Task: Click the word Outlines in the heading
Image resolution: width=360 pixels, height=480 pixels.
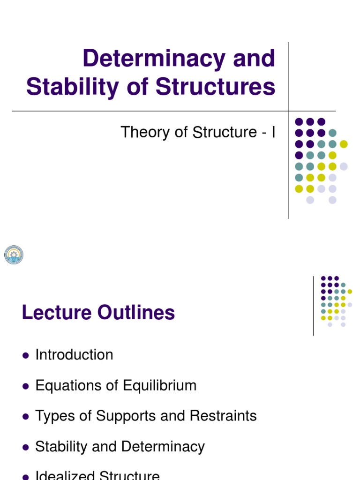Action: (x=136, y=313)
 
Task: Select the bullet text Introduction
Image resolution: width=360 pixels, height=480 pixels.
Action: (x=74, y=355)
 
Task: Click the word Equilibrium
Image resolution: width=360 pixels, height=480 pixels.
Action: (x=160, y=386)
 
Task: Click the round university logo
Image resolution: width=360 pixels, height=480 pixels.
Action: (x=14, y=255)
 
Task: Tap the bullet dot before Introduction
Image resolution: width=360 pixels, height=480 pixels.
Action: (x=25, y=355)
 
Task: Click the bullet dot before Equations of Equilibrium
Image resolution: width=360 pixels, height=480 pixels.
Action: (x=25, y=386)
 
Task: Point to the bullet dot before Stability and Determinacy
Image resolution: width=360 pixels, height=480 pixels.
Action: (x=25, y=447)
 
